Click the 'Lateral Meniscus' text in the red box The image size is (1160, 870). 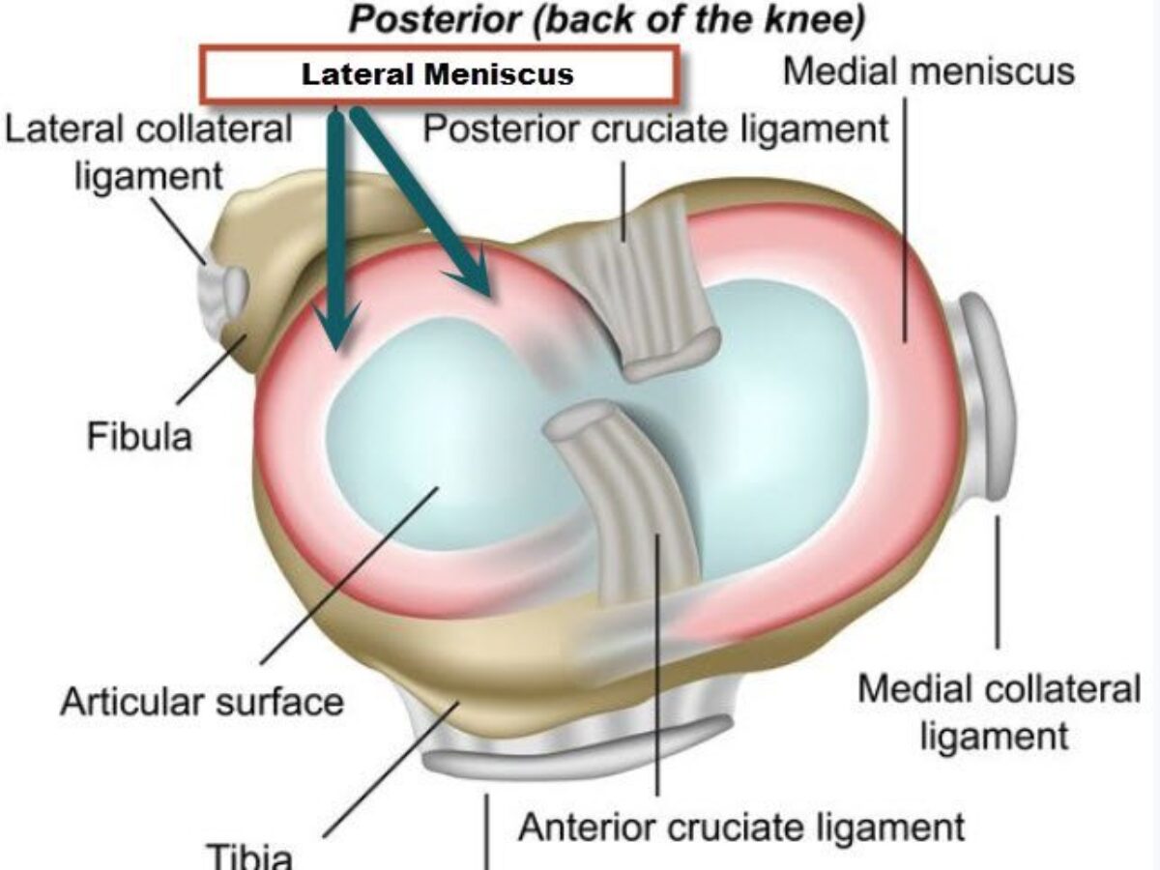437,74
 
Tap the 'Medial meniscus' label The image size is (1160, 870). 928,72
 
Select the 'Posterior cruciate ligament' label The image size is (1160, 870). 655,128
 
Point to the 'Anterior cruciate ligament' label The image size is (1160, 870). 741,827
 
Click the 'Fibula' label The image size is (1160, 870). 140,437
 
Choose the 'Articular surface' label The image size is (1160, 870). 201,701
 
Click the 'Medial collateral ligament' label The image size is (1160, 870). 999,712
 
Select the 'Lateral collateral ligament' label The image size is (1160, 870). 148,152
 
